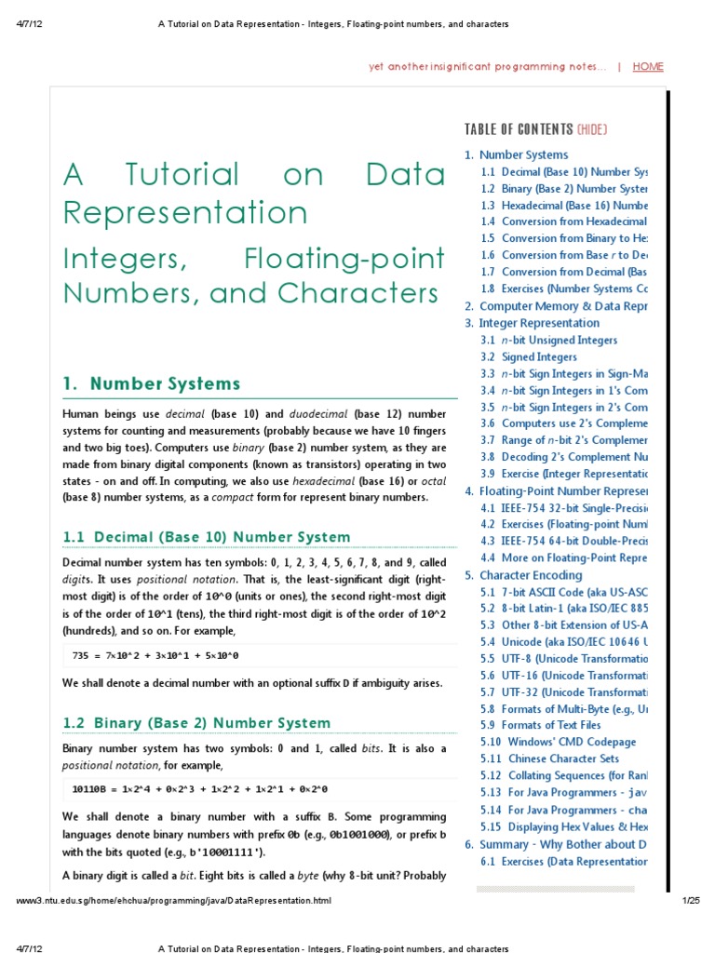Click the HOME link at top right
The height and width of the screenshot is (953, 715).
pyautogui.click(x=648, y=67)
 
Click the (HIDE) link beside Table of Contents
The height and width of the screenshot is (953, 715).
pyautogui.click(x=592, y=129)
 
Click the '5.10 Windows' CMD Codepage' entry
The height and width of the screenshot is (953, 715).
pyautogui.click(x=559, y=742)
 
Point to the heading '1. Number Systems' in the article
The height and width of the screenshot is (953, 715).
pyautogui.click(x=151, y=383)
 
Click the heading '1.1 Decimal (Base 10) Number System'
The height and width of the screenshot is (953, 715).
pyautogui.click(x=206, y=537)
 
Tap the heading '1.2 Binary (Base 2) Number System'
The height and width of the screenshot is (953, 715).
pyautogui.click(x=196, y=723)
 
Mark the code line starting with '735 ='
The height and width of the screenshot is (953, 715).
pyautogui.click(x=155, y=656)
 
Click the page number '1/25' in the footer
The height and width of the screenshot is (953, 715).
pyautogui.click(x=690, y=902)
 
